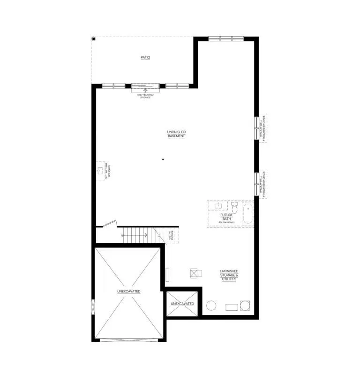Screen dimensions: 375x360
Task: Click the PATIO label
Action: tap(145, 58)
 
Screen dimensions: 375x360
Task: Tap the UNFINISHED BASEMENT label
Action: tap(176, 134)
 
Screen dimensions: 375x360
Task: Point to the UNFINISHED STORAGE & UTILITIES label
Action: tap(229, 275)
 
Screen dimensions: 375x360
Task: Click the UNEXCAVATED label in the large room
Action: tap(129, 291)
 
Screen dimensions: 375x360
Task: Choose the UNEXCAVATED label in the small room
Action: tap(182, 304)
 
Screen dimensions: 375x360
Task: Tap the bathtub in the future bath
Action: tap(247, 213)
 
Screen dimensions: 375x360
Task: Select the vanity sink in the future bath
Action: tap(218, 205)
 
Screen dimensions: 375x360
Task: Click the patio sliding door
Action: tap(145, 86)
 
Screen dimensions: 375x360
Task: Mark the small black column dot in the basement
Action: tap(163, 160)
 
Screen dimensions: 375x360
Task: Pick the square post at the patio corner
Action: tap(94, 38)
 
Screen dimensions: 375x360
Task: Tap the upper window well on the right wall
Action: tap(257, 127)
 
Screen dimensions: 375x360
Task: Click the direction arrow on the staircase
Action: tap(135, 234)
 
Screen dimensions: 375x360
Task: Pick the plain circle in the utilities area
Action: tap(211, 306)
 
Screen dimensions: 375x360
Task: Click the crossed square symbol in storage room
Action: tap(195, 273)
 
